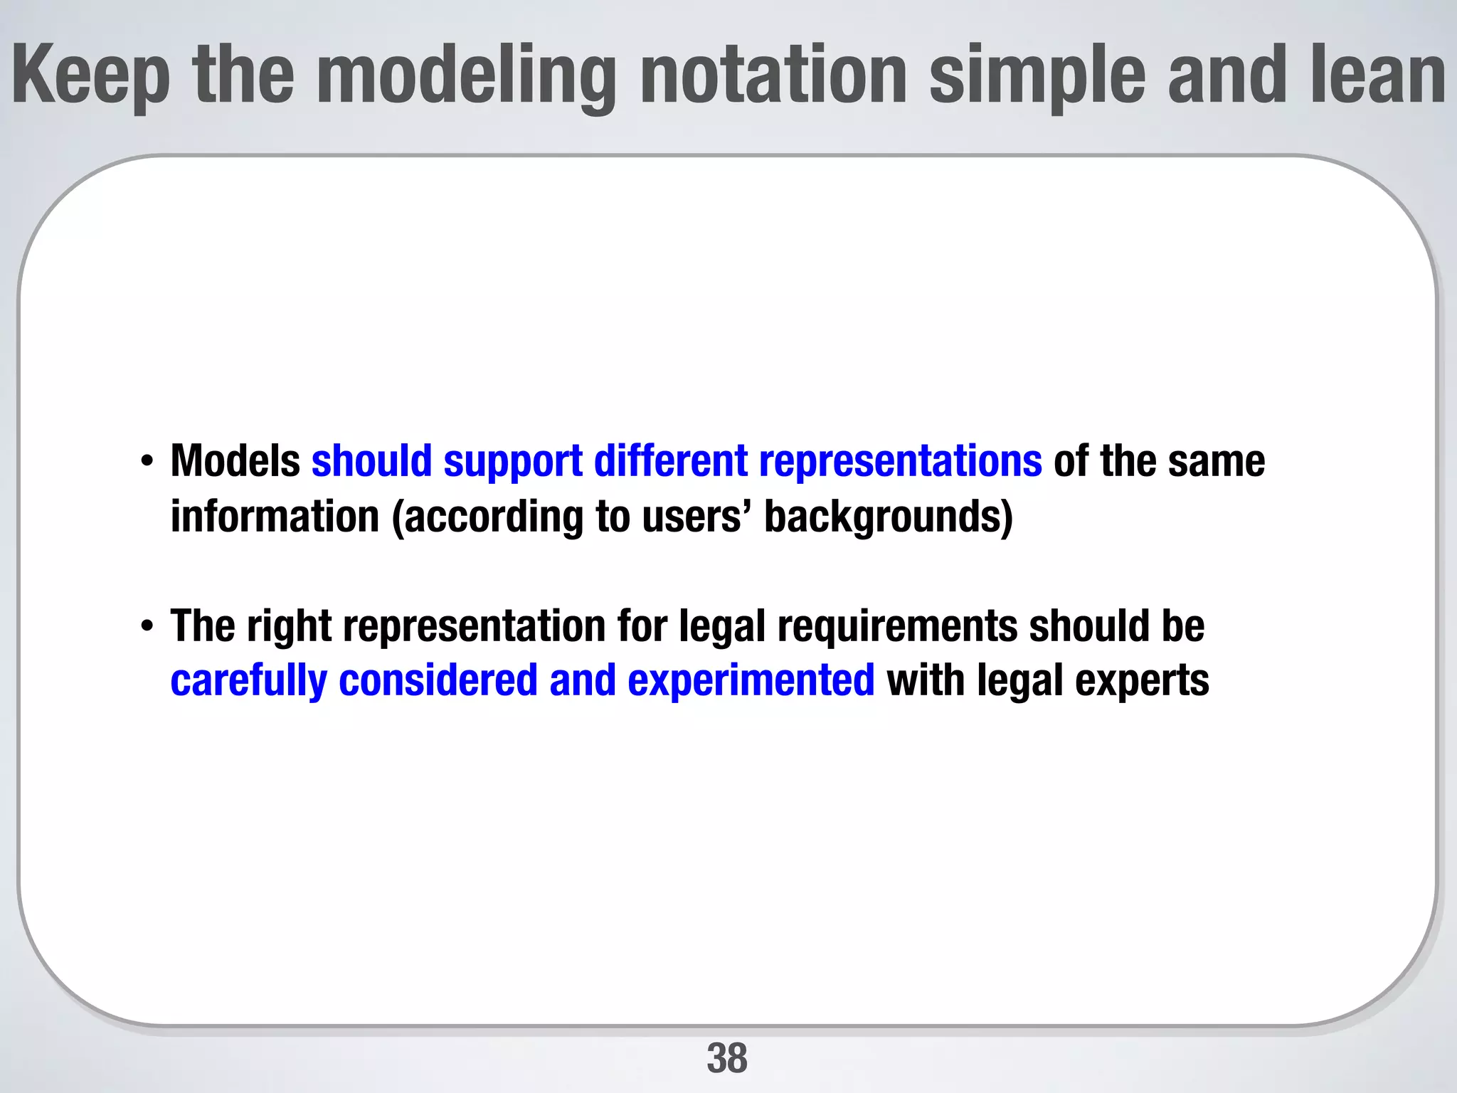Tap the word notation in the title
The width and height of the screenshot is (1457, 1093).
[x=773, y=74]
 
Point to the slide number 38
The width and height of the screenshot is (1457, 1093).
[x=727, y=1058]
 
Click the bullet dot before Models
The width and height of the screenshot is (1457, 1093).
[x=147, y=462]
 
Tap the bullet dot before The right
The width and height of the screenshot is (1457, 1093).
[x=147, y=627]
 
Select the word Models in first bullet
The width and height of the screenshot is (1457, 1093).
[x=235, y=461]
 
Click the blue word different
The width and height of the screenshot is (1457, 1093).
[x=670, y=461]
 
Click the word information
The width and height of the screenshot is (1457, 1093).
[x=275, y=517]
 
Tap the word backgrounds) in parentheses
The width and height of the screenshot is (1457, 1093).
[x=888, y=518]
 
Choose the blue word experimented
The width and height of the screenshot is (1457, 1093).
[x=751, y=682]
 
